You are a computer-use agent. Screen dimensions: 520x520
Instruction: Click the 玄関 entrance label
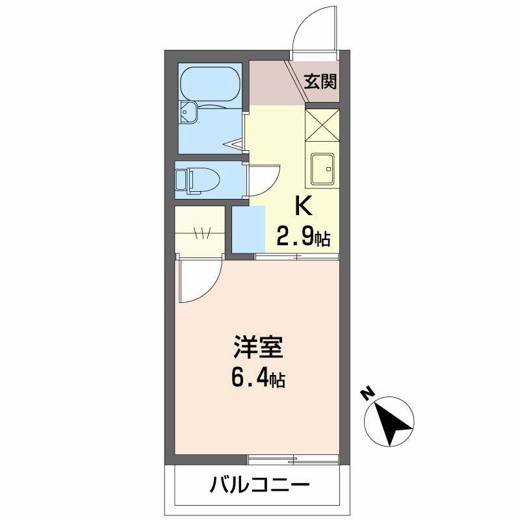point(320,82)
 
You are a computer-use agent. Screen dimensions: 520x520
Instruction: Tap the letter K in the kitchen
point(304,206)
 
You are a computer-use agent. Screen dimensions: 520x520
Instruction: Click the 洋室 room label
point(258,347)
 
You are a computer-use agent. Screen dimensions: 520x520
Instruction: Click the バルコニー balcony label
point(259,485)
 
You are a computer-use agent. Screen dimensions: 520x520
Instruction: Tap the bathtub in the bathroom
point(210,84)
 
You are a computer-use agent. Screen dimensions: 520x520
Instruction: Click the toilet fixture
point(197,181)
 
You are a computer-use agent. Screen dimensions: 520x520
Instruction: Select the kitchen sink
point(322,168)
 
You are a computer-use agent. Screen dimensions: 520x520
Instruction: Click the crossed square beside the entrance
point(322,125)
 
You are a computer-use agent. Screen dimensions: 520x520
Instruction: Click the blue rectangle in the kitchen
point(248,229)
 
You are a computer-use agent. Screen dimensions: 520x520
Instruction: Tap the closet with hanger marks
point(200,229)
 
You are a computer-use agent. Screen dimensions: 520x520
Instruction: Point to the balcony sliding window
point(293,460)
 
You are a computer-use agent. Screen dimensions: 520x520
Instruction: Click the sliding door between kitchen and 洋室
point(297,256)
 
